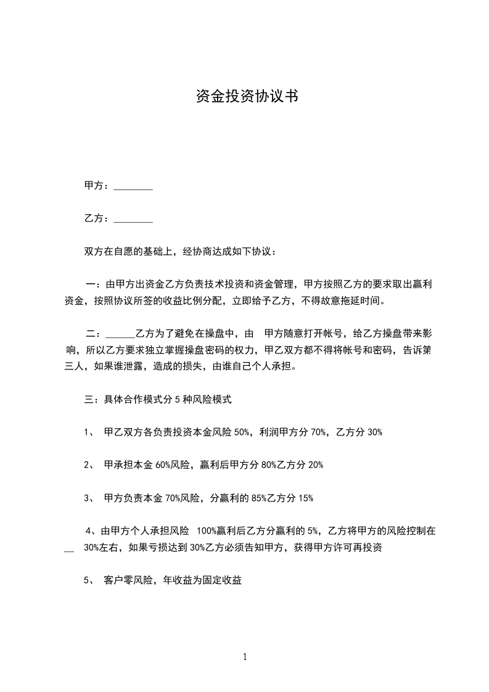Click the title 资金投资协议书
247,96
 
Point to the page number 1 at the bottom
245,657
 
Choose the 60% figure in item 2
163,465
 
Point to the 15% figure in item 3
306,498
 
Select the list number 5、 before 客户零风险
89,580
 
